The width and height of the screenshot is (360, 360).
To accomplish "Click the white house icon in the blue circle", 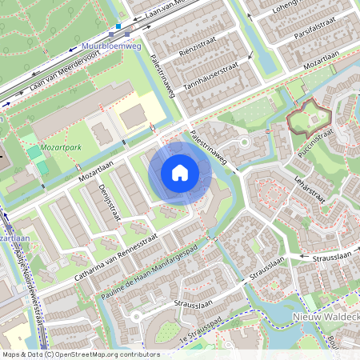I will coord(180,172).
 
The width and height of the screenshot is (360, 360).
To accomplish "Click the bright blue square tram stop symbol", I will coord(118,26).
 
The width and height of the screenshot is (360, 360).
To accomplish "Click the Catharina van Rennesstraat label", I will coord(114,257).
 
